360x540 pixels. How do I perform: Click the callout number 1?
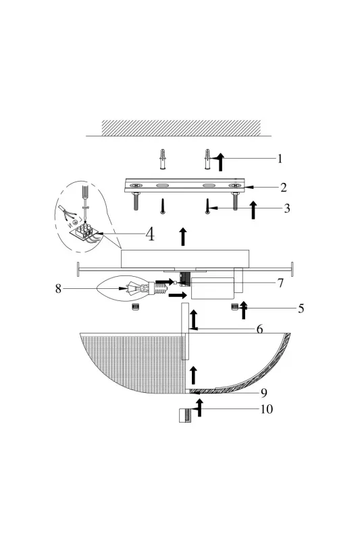[x=280, y=159]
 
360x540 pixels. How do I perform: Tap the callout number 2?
[x=284, y=188]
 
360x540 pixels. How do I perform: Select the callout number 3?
[x=287, y=208]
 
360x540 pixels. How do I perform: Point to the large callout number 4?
[x=150, y=234]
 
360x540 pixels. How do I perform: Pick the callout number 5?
[x=301, y=308]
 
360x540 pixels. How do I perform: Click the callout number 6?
[x=260, y=329]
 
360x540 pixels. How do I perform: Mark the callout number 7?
[x=280, y=283]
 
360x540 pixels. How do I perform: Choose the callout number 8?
[x=58, y=288]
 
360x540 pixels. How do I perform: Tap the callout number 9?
[x=264, y=393]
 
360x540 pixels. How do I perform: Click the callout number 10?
[x=267, y=409]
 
